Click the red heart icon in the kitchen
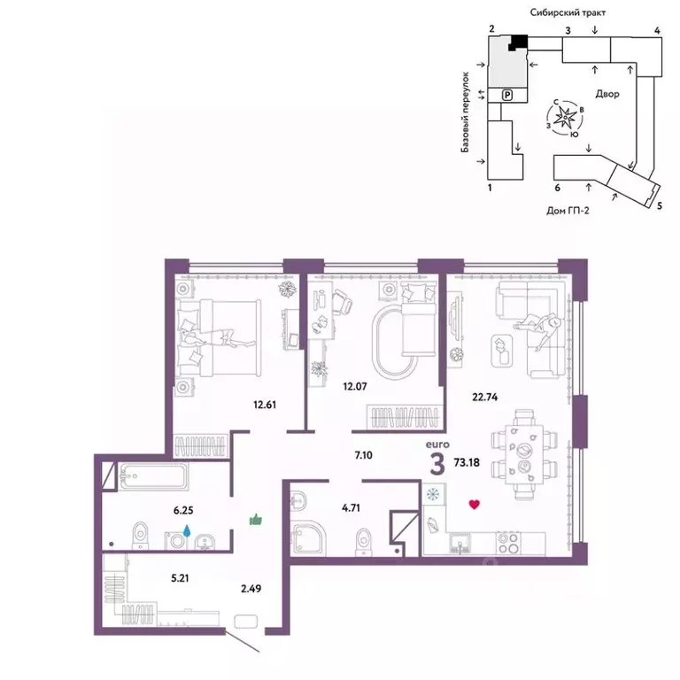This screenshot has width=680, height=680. click(x=475, y=505)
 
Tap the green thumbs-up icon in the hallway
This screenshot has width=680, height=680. click(x=256, y=519)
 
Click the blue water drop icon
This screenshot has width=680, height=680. click(x=187, y=530)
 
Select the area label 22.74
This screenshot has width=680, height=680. click(x=485, y=397)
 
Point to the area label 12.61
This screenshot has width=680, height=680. click(x=265, y=405)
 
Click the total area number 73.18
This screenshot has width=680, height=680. click(x=467, y=462)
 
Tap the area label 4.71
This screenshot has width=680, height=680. click(x=351, y=507)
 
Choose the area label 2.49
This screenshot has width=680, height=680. click(x=251, y=589)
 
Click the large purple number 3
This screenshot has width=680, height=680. click(x=437, y=464)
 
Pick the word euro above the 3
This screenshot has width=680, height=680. click(x=437, y=444)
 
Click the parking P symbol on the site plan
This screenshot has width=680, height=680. click(x=507, y=95)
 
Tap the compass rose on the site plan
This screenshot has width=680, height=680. click(x=565, y=117)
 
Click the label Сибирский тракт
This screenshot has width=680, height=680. click(x=568, y=12)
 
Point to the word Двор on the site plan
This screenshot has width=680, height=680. click(x=607, y=94)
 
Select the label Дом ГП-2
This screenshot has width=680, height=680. click(x=568, y=211)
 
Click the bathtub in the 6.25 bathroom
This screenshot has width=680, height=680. click(x=153, y=476)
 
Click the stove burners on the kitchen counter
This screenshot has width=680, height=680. click(x=508, y=543)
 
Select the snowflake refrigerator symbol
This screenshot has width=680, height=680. click(x=433, y=494)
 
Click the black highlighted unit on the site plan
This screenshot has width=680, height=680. click(x=518, y=42)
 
